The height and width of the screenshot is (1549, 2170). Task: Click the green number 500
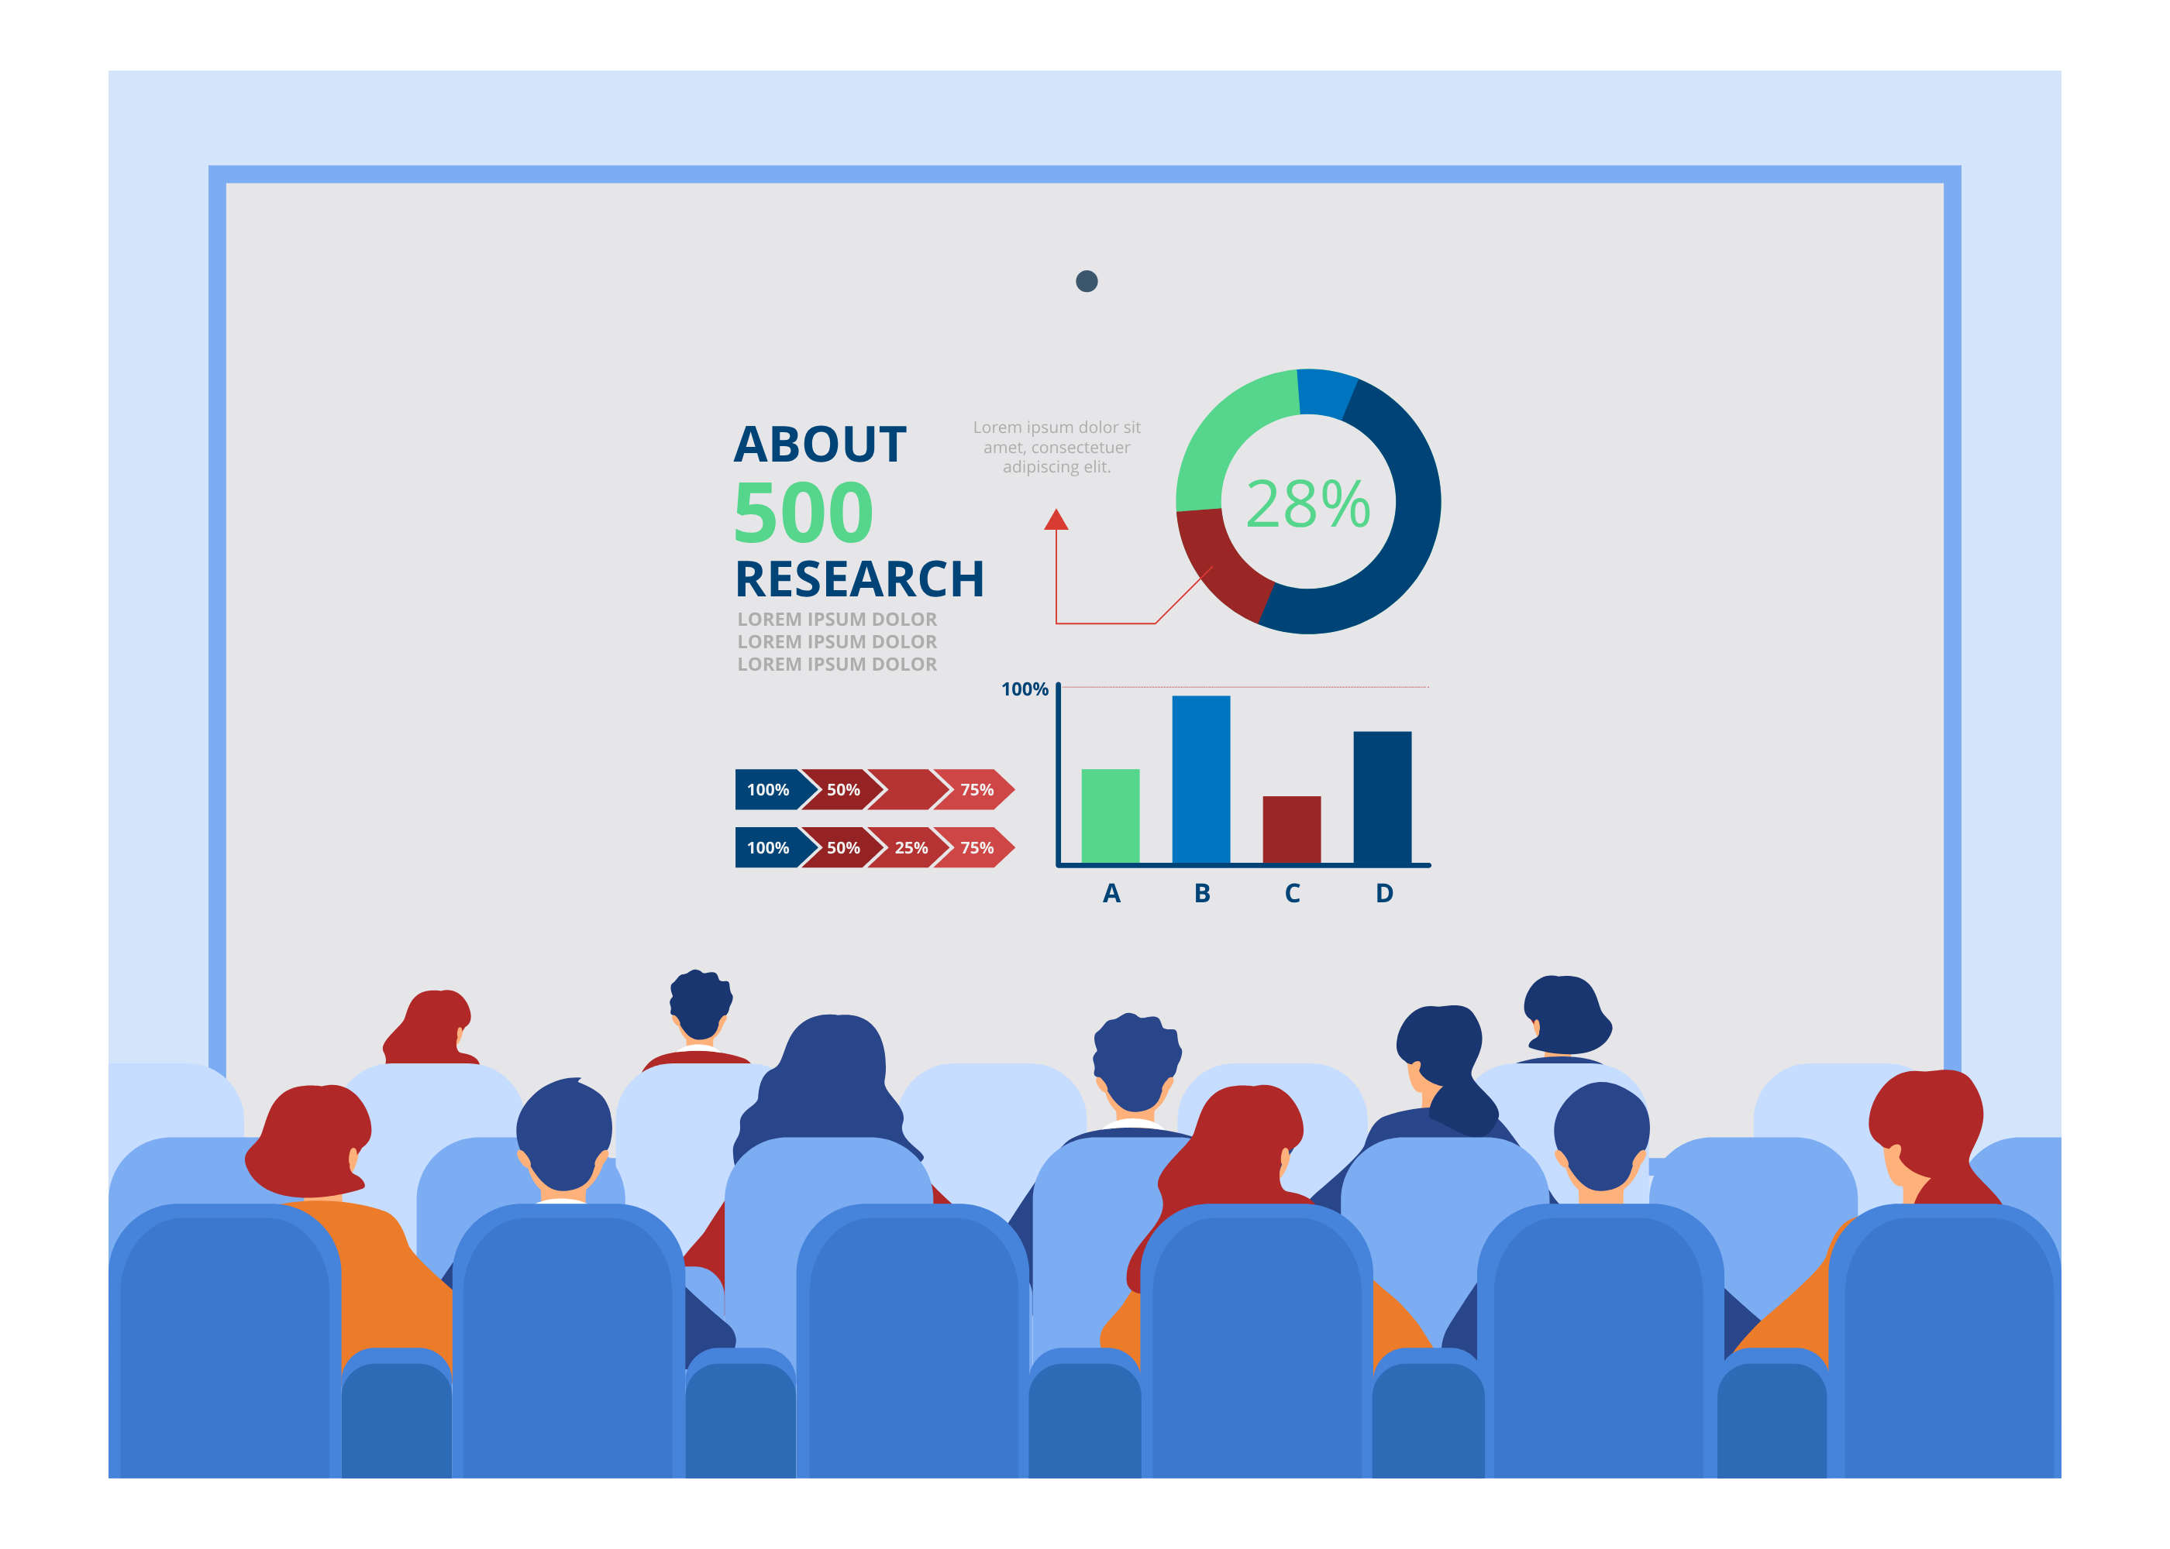[x=804, y=511]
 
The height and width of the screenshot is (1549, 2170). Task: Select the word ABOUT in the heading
[x=820, y=445]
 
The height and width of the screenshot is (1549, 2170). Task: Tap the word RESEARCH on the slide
[x=859, y=579]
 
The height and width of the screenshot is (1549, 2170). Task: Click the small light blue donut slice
[x=1327, y=391]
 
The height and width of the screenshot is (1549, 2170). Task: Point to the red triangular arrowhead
[x=1056, y=519]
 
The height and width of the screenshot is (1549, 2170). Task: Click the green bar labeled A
[x=1110, y=816]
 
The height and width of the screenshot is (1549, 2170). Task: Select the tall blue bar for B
[x=1200, y=779]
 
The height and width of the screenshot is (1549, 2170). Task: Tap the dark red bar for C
[x=1291, y=829]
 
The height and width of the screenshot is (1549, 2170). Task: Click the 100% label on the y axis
[x=1024, y=689]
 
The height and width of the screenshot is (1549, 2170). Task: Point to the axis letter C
[x=1292, y=893]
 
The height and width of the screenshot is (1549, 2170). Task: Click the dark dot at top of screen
[x=1086, y=281]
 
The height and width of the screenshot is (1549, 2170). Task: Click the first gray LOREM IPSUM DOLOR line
[x=837, y=619]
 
